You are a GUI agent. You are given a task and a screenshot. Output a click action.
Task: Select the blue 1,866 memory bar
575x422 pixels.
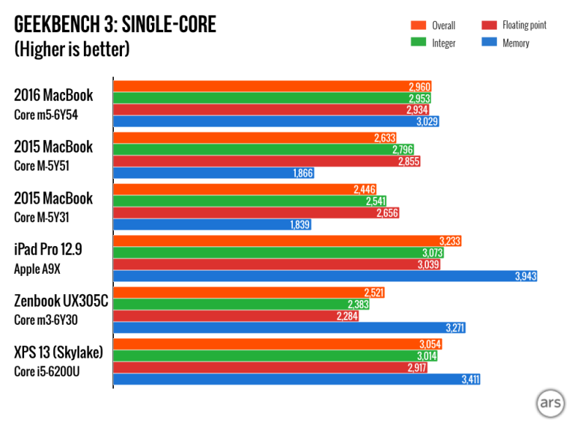pyautogui.click(x=213, y=173)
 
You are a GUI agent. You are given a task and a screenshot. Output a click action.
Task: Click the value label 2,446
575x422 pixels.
pyautogui.click(x=364, y=190)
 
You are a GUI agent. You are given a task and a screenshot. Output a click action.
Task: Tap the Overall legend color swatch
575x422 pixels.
pyautogui.click(x=418, y=25)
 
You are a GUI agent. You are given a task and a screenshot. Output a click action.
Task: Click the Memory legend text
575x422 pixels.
pyautogui.click(x=516, y=43)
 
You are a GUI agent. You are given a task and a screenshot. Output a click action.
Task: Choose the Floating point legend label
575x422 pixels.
pyautogui.click(x=523, y=25)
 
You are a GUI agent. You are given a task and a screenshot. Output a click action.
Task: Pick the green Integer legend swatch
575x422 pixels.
pyautogui.click(x=418, y=43)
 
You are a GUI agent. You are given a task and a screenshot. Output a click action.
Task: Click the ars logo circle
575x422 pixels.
pyautogui.click(x=550, y=403)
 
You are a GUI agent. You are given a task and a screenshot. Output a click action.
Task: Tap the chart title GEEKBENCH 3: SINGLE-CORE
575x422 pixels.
pyautogui.click(x=115, y=25)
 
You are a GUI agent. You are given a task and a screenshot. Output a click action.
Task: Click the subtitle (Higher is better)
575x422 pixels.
pyautogui.click(x=72, y=50)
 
